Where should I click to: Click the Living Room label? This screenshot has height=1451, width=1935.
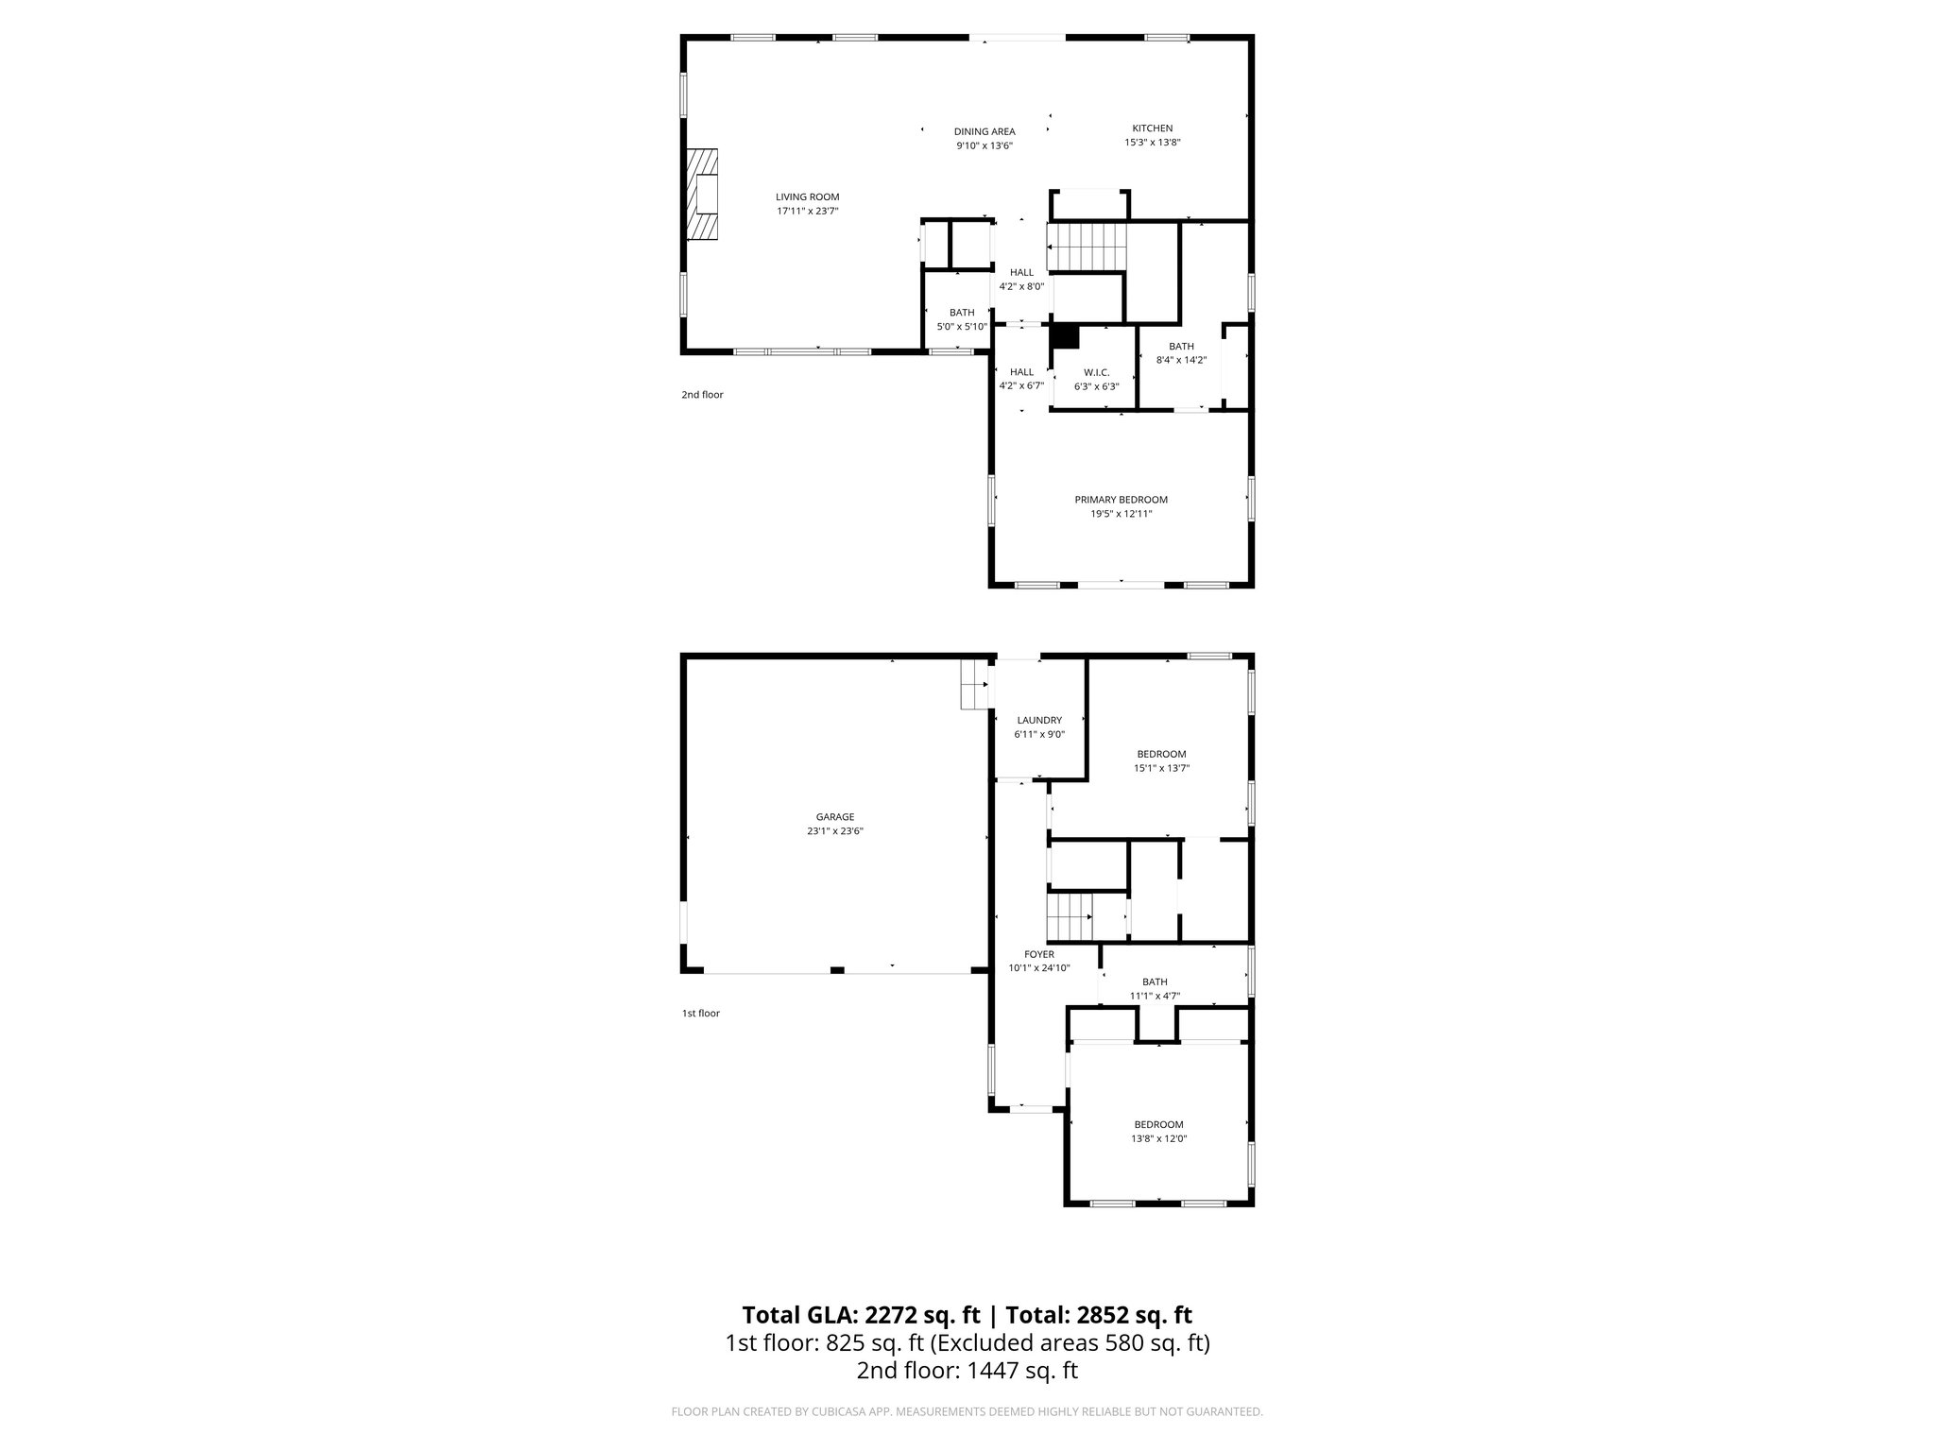(807, 197)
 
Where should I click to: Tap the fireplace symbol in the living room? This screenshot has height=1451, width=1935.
(702, 196)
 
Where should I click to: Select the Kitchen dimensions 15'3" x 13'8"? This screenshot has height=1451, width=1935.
(1152, 143)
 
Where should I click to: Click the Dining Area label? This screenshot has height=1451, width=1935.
(985, 132)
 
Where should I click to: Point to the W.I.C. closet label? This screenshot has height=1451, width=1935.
(1096, 373)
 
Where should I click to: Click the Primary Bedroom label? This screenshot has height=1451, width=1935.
(1121, 500)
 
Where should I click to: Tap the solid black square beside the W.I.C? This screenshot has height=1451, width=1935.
(1065, 337)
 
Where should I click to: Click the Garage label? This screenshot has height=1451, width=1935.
(834, 817)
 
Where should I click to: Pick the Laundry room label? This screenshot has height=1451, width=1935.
(1039, 720)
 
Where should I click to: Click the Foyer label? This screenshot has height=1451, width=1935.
(1038, 954)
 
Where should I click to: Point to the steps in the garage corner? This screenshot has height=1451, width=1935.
(974, 685)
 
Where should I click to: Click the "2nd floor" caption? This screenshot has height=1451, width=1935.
(702, 395)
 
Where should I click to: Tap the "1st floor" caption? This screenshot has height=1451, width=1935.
(700, 1014)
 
